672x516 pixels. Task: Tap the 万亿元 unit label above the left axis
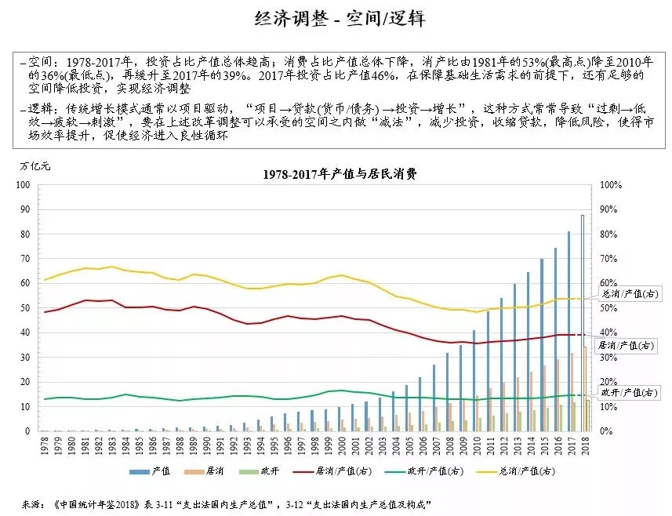(35, 166)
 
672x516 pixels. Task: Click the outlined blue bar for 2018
(582, 322)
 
